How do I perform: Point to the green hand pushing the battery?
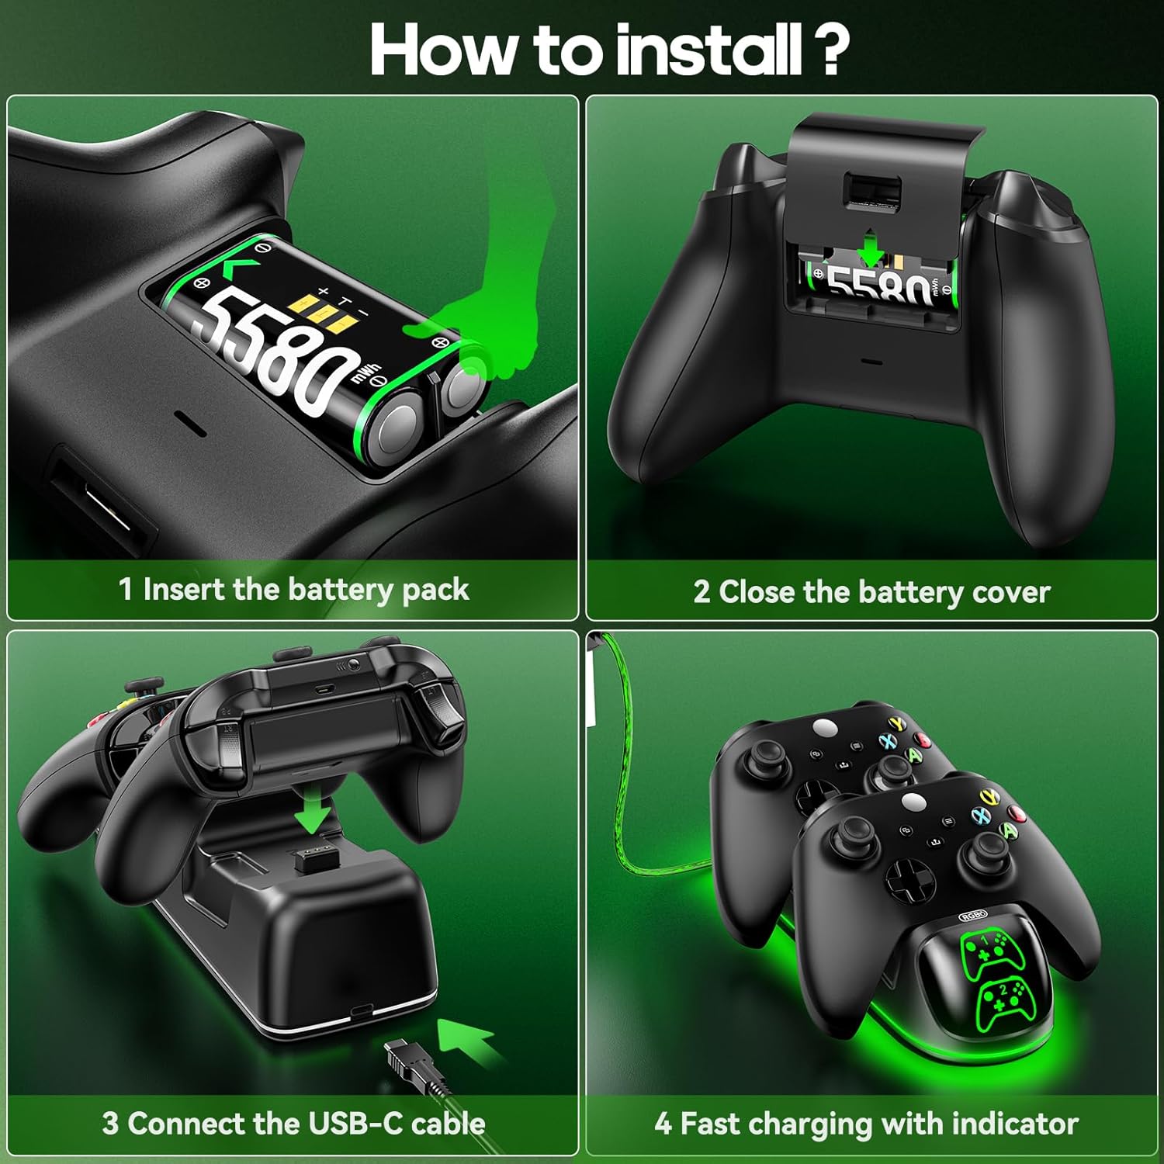click(x=497, y=310)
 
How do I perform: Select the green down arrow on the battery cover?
click(x=871, y=248)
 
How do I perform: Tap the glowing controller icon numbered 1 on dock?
click(x=984, y=951)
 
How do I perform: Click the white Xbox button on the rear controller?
click(x=823, y=727)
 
